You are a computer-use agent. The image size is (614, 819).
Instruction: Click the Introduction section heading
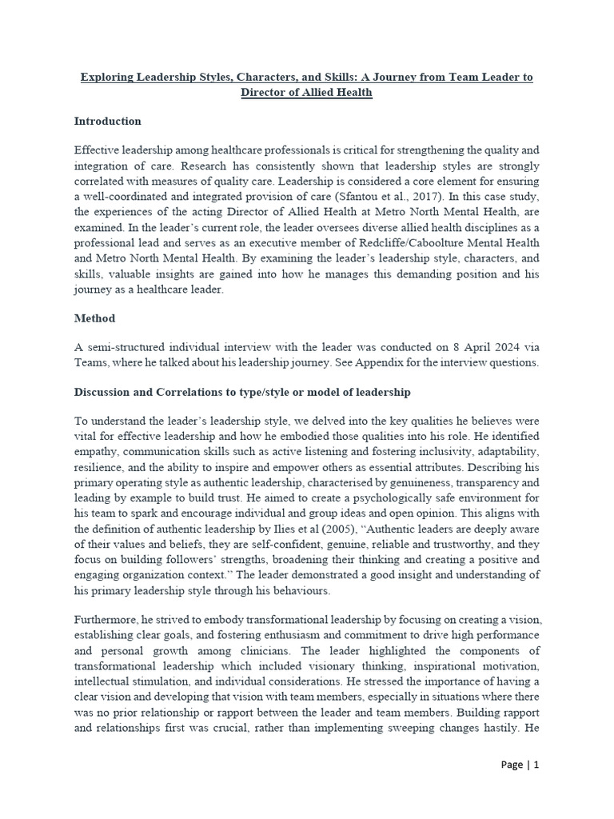pos(107,122)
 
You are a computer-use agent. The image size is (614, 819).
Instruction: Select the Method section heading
pos(94,318)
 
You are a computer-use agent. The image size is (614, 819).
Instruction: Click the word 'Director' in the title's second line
pos(265,93)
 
